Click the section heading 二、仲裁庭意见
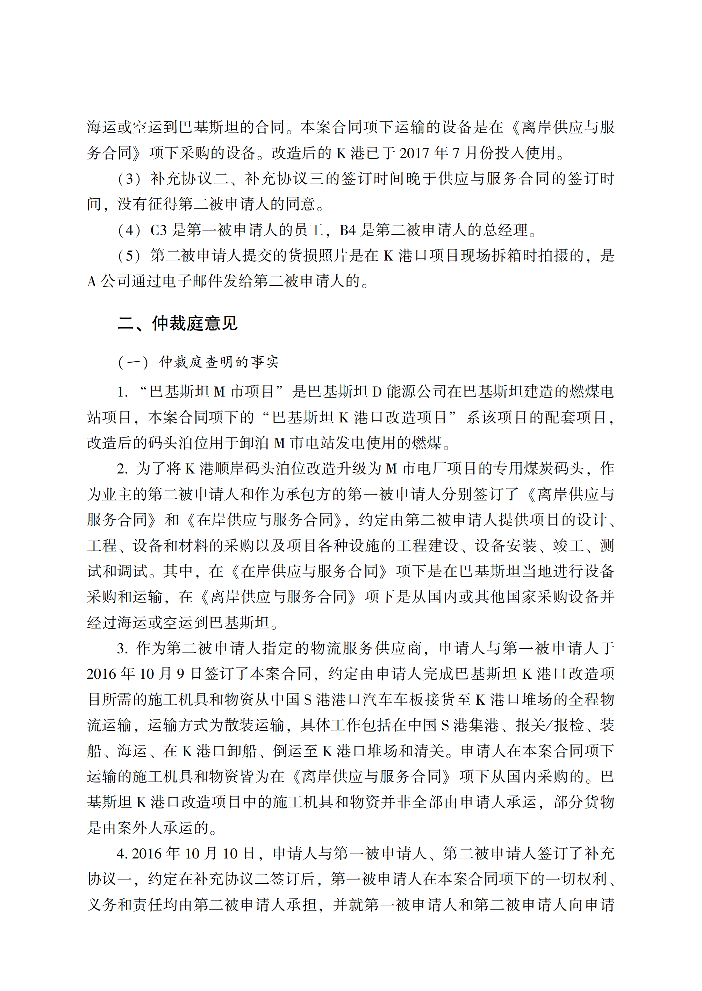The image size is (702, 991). click(177, 323)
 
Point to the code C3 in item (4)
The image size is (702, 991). click(158, 230)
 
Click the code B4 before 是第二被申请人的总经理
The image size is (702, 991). click(348, 230)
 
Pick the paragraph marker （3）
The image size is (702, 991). click(130, 179)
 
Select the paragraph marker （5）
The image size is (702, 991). click(130, 256)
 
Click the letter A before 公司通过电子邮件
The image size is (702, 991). click(92, 282)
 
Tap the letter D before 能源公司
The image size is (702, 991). click(377, 392)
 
